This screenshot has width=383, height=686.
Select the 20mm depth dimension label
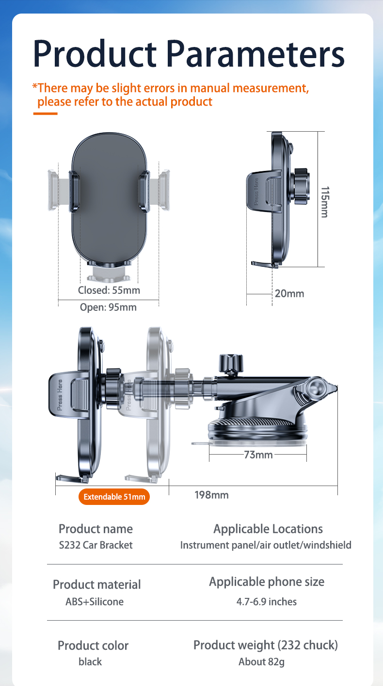(289, 293)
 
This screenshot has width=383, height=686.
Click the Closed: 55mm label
(109, 290)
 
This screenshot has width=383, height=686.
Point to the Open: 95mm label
(108, 307)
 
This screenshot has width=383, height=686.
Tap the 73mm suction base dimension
(258, 455)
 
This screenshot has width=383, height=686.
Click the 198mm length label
(211, 495)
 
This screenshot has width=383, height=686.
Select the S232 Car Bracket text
(96, 545)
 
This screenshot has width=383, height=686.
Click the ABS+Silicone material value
(95, 602)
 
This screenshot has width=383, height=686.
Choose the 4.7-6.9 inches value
(266, 602)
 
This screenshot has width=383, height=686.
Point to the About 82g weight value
(261, 662)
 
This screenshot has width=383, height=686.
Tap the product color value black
(90, 662)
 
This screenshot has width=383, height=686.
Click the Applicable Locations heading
(268, 529)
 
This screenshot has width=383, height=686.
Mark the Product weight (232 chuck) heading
(266, 645)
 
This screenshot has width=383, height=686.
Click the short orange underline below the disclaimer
(45, 114)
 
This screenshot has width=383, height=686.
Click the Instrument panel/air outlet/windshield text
(266, 545)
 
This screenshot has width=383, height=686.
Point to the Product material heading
(96, 584)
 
